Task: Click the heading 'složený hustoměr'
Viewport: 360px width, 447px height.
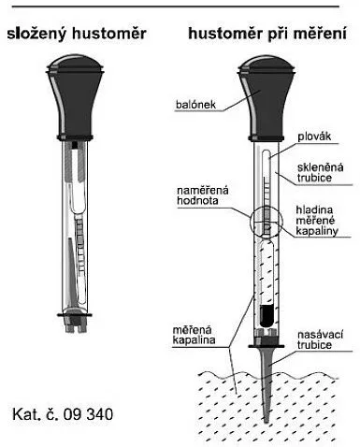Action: [x=77, y=34]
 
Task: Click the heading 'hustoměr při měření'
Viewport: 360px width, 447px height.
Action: [x=267, y=34]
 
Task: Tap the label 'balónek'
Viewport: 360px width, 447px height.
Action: [x=195, y=104]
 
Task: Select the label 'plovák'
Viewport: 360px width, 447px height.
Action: [x=314, y=137]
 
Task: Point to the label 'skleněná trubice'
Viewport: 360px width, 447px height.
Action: [x=320, y=172]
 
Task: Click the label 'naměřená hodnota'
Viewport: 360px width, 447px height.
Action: [x=203, y=195]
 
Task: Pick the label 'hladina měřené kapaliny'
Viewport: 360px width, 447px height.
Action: [x=317, y=220]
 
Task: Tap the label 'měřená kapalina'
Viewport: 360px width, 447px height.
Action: [x=194, y=335]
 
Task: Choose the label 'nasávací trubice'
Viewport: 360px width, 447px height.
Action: [x=320, y=339]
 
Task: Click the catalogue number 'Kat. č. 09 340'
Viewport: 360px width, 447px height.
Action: [x=63, y=414]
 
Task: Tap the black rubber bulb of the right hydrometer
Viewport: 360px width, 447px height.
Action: [x=266, y=97]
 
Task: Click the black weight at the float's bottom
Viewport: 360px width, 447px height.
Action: [x=266, y=316]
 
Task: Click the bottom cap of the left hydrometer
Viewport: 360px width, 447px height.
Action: [x=75, y=321]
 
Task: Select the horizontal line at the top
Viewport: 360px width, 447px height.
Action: [x=177, y=6]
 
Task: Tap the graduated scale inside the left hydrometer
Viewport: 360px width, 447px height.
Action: [x=80, y=243]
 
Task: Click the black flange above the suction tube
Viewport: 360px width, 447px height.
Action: [x=266, y=346]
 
